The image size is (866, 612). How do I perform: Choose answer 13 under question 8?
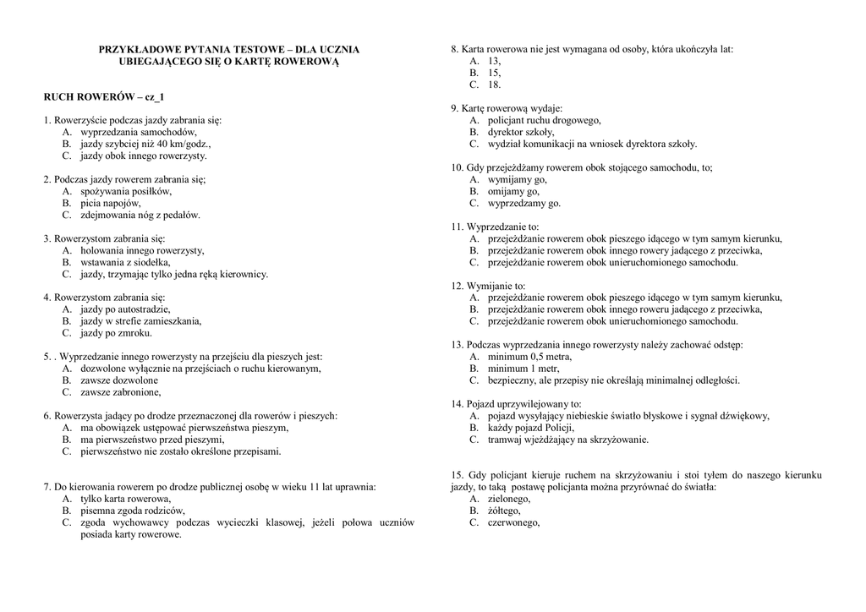click(494, 62)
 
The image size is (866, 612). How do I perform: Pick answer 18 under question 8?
click(494, 85)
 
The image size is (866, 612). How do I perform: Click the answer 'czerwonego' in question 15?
click(513, 522)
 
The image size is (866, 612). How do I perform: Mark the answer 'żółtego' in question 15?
click(504, 511)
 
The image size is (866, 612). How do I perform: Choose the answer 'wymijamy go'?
click(517, 179)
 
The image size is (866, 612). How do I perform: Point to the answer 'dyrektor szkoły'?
click(521, 132)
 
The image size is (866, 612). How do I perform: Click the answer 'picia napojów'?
click(111, 203)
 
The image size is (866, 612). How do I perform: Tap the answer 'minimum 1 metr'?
click(523, 369)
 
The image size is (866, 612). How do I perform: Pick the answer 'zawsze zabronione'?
click(120, 392)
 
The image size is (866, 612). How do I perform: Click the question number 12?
click(457, 286)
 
